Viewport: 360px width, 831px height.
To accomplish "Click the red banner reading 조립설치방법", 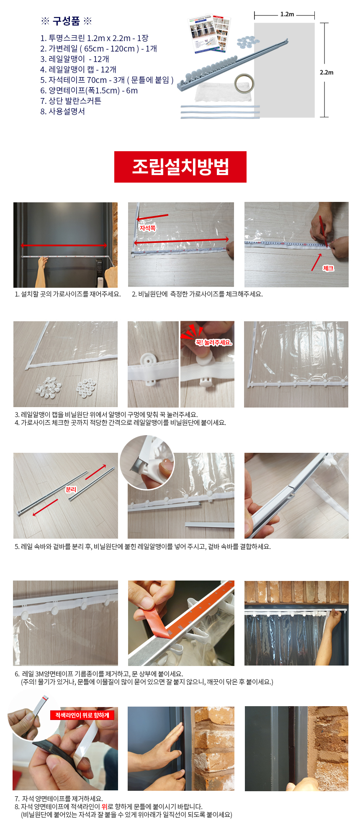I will (180, 167).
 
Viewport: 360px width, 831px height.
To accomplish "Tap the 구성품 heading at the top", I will (66, 21).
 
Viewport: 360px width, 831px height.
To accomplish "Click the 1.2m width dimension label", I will (287, 14).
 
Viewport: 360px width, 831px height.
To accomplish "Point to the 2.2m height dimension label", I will (327, 72).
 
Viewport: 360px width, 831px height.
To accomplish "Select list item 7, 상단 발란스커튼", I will (71, 101).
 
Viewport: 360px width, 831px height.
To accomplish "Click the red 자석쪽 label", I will (147, 228).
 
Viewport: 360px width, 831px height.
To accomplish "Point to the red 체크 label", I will (328, 268).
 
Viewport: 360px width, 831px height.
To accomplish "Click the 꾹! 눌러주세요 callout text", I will (213, 343).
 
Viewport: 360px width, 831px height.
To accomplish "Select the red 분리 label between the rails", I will (71, 489).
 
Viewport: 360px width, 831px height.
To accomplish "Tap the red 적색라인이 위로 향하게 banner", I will (82, 715).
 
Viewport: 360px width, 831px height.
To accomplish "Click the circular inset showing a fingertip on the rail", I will (147, 462).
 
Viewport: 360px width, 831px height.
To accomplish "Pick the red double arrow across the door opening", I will (64, 245).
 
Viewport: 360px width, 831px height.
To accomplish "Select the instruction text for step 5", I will (143, 547).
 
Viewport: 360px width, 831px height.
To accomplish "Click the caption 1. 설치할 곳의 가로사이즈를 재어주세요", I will (67, 294).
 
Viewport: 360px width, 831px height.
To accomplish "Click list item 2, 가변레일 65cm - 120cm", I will (98, 49).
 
